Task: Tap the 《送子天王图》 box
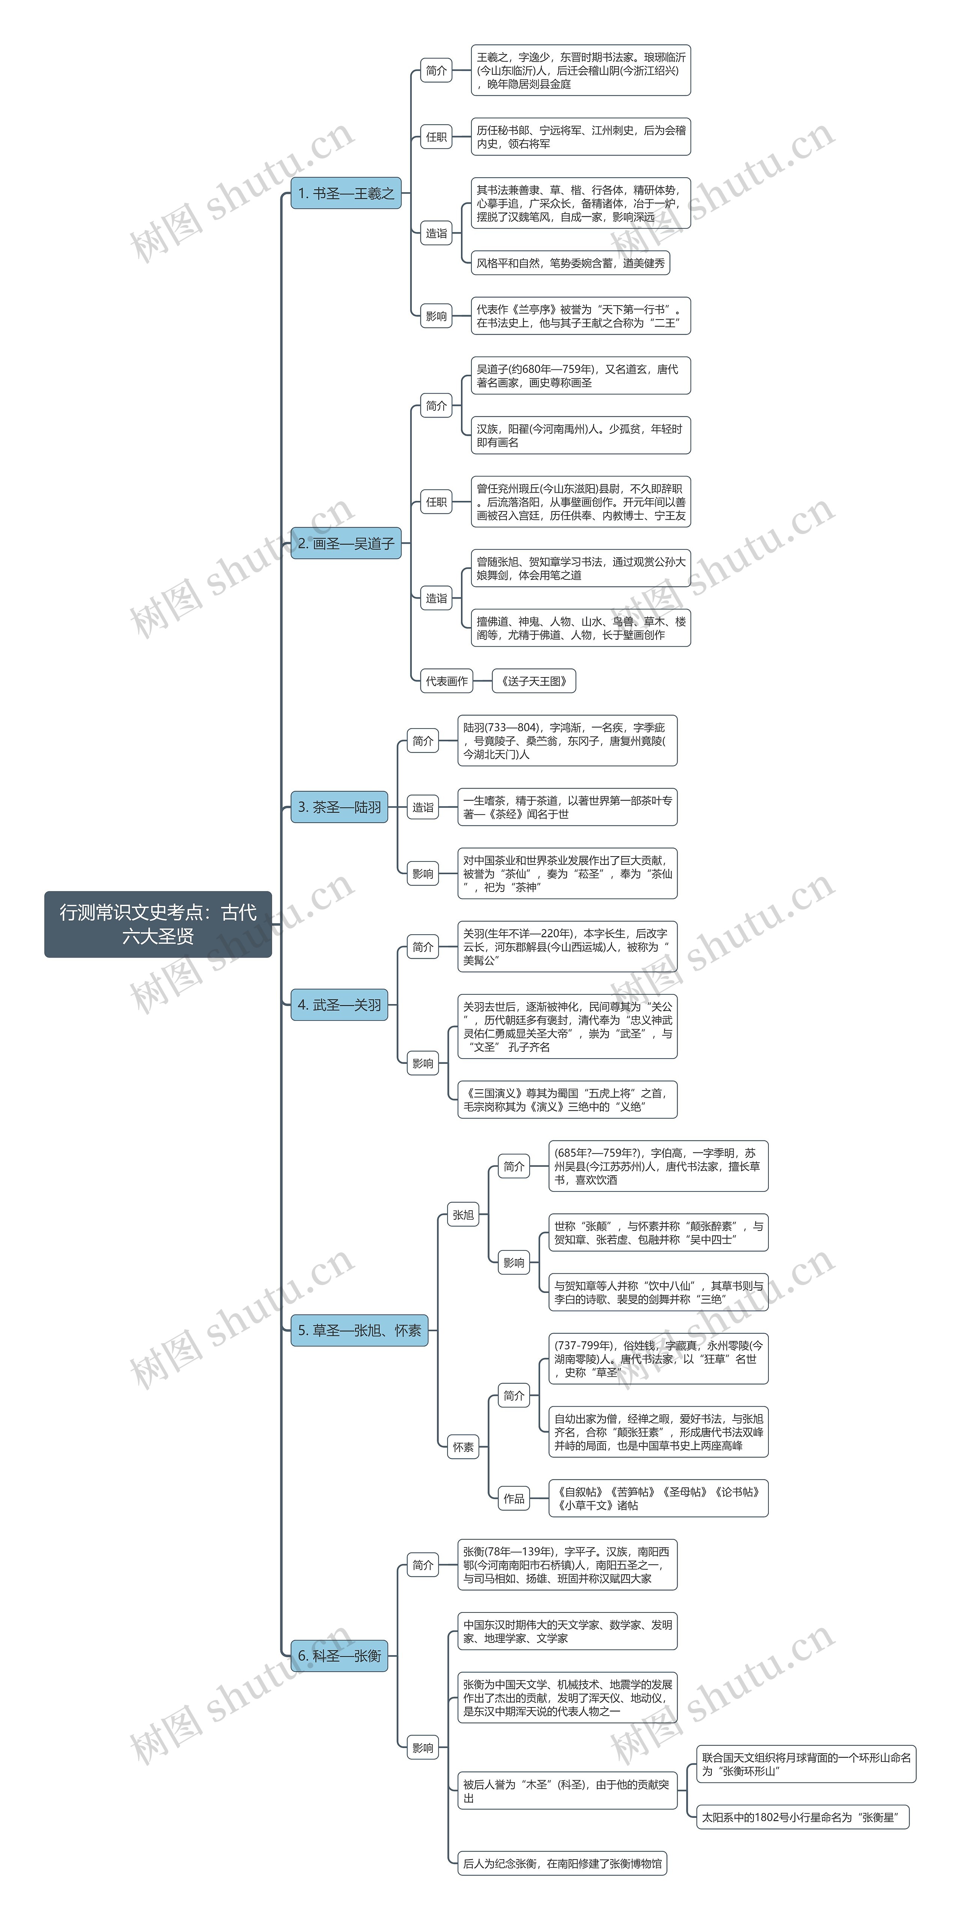click(x=534, y=680)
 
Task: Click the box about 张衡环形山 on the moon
click(x=806, y=1764)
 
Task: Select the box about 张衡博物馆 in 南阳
click(x=562, y=1863)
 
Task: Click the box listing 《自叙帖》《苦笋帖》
click(x=658, y=1498)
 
